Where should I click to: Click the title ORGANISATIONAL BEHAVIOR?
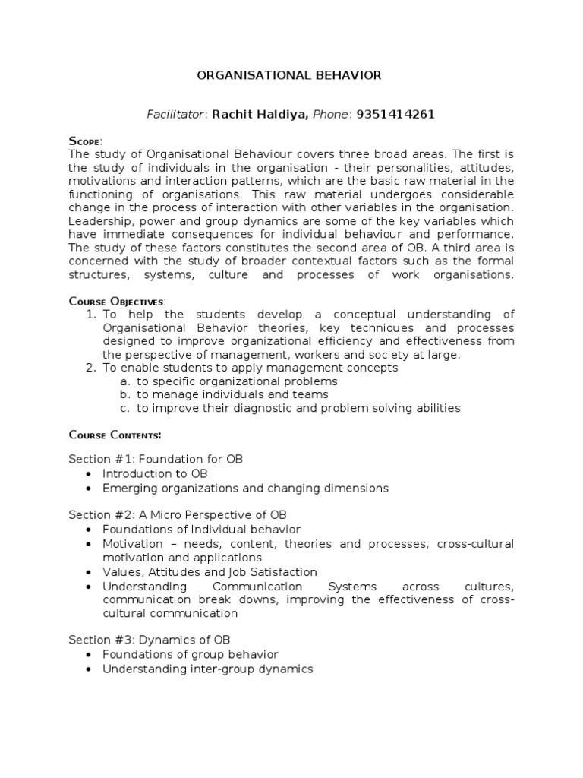tap(289, 76)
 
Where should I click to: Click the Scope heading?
tap(85, 141)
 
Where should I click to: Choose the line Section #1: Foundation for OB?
tap(156, 460)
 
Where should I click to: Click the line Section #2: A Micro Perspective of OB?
tap(178, 514)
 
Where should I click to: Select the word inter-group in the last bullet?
tap(219, 669)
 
